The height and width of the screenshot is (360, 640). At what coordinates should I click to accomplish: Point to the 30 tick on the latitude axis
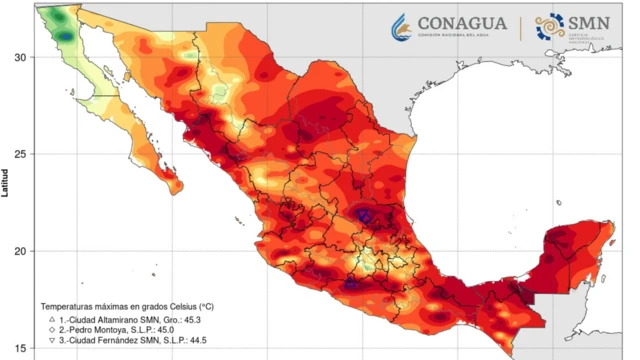[x=21, y=57]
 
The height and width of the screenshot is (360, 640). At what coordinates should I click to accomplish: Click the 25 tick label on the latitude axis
[x=21, y=154]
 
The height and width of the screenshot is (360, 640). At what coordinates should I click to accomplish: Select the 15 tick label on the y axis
[x=21, y=347]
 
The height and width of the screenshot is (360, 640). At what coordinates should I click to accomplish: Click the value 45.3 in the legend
[x=202, y=319]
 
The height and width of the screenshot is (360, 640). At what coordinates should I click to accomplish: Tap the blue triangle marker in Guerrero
[x=351, y=284]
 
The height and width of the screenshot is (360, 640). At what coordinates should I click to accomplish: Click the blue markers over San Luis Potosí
[x=366, y=214]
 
